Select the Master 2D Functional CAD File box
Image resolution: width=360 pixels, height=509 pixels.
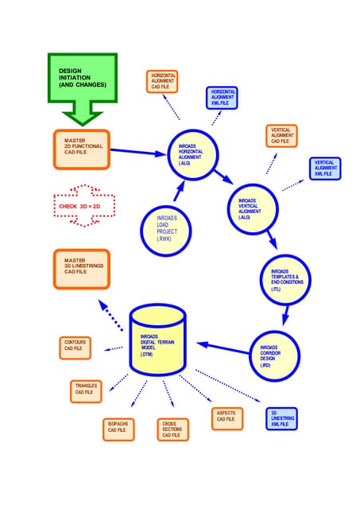(x=82, y=149)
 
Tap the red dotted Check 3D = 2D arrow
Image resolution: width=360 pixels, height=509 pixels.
(x=83, y=207)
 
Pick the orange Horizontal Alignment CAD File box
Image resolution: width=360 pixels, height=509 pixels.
(x=163, y=82)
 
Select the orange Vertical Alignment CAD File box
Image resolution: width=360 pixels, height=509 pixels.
(x=281, y=136)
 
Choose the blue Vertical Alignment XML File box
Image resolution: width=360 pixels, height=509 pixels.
(x=325, y=169)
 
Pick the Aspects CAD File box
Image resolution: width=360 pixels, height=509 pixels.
(x=224, y=417)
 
